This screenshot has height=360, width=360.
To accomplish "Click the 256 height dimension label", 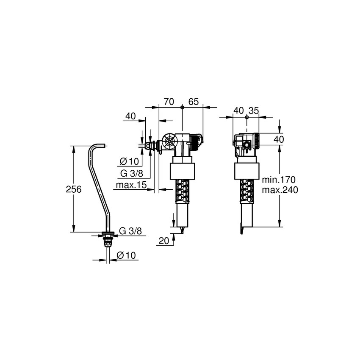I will pos(73,190).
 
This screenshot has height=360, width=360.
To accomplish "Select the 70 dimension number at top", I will pos(169,102).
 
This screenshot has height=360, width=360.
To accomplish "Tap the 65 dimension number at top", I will pos(194,102).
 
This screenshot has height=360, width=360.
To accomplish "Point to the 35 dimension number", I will pos(253,111).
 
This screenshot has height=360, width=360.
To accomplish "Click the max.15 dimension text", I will pos(131,185).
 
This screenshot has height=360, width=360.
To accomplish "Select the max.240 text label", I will pos(280,190).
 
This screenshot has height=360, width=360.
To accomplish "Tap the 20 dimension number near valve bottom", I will pos(164,241).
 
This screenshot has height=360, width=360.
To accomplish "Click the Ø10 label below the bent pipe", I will pos(125,255).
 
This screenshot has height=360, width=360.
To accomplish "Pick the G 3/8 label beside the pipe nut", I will pos(130,231).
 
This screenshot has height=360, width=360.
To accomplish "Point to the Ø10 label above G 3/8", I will pos(130,161).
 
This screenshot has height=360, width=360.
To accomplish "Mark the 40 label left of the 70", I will pos(130,116).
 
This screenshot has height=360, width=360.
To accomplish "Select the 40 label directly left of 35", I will pos(238,111).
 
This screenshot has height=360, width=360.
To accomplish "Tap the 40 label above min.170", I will pos(278,139).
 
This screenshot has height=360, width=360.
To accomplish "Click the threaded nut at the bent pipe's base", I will pos(109,241).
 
